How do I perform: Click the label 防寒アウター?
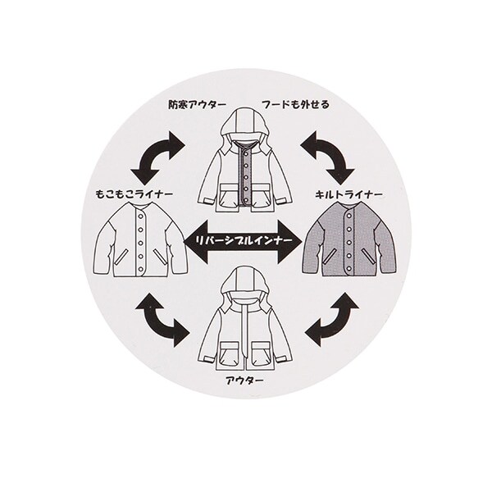(x=197, y=104)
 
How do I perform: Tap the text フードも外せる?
(x=295, y=104)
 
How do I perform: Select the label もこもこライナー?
(x=134, y=194)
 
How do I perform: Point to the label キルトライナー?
(x=348, y=195)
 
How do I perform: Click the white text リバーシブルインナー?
(x=244, y=240)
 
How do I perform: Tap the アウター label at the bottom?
(x=244, y=380)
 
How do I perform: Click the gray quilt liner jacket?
(x=349, y=239)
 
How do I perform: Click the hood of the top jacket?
(x=245, y=125)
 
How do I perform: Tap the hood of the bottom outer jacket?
(x=245, y=283)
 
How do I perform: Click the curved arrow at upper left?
(x=157, y=157)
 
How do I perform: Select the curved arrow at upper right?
(x=327, y=157)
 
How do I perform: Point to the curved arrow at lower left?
(x=162, y=320)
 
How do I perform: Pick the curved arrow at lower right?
(x=332, y=320)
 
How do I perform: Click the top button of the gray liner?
(x=348, y=217)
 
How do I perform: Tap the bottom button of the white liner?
(x=140, y=268)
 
